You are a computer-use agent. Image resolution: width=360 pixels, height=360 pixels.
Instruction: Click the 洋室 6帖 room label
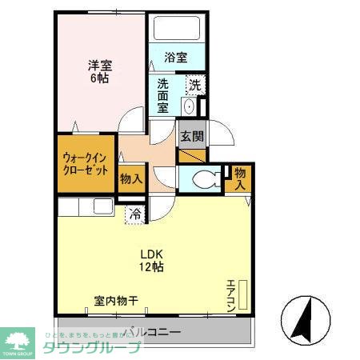[x=100, y=72]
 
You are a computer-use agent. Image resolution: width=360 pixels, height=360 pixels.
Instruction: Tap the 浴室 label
[x=175, y=58]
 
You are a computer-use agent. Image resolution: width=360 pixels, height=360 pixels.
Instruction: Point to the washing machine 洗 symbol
[x=194, y=84]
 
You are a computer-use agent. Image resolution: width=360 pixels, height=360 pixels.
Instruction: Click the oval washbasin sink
[x=189, y=106]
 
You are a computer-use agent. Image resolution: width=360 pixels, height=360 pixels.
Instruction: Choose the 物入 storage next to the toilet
[x=240, y=178]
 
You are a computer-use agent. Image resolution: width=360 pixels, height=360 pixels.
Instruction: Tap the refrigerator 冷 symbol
[x=135, y=214]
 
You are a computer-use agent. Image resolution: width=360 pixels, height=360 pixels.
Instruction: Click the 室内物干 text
[x=117, y=301]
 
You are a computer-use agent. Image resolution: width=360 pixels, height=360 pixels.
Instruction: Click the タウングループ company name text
[x=91, y=347]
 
